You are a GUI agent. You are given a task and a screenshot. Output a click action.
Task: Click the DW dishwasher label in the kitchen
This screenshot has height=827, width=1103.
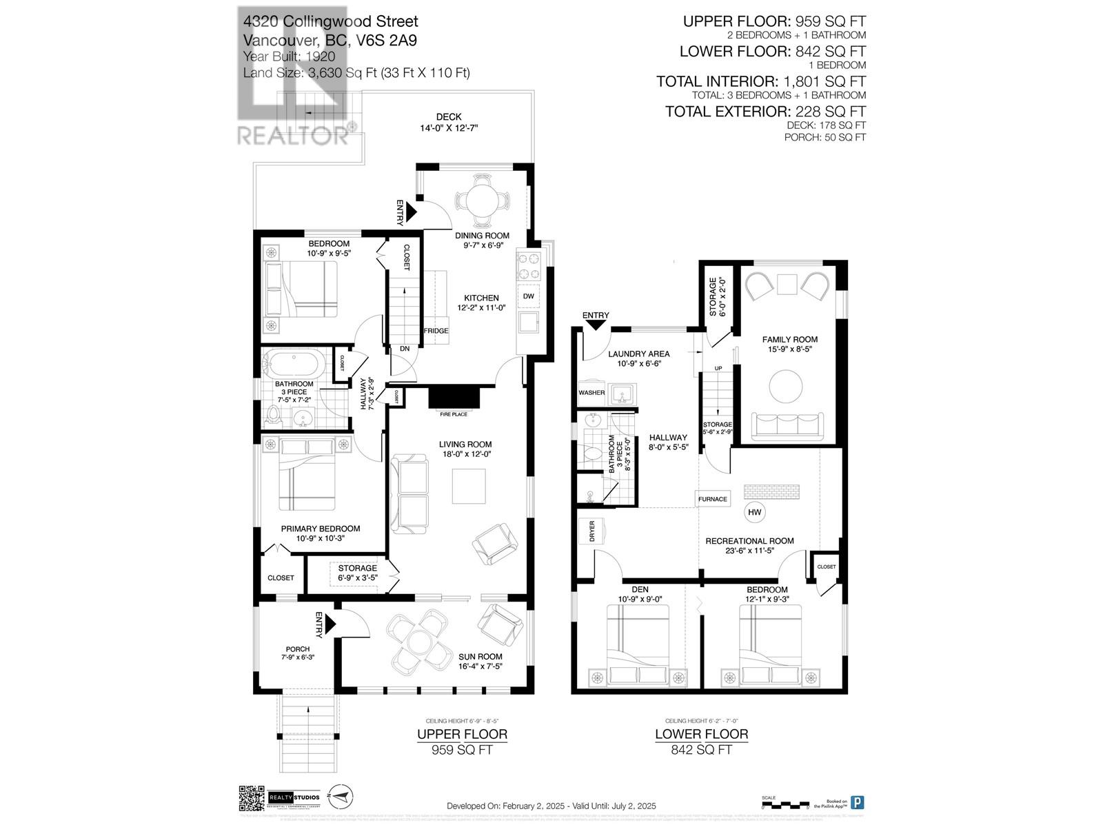pyautogui.click(x=529, y=296)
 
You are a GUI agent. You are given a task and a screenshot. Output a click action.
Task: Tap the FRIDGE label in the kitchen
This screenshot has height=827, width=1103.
pyautogui.click(x=436, y=331)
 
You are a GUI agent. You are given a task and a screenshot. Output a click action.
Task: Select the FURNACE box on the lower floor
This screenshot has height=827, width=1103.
pyautogui.click(x=712, y=499)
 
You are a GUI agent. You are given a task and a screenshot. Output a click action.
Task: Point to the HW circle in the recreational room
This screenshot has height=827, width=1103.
pyautogui.click(x=755, y=512)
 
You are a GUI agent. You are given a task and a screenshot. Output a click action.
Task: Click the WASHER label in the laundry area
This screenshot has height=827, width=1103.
pyautogui.click(x=591, y=393)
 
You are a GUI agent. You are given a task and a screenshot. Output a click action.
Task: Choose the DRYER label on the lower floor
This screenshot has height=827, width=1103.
pyautogui.click(x=592, y=532)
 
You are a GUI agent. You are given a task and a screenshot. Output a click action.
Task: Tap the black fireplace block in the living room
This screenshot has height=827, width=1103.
pyautogui.click(x=454, y=398)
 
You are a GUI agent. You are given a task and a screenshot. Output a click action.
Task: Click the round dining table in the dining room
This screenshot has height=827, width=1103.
pyautogui.click(x=482, y=201)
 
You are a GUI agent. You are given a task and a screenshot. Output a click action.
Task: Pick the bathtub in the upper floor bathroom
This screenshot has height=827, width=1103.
pyautogui.click(x=296, y=364)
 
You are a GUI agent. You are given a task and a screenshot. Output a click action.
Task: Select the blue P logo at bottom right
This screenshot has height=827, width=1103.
pyautogui.click(x=858, y=802)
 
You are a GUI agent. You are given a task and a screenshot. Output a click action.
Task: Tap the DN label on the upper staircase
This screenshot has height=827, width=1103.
pyautogui.click(x=405, y=349)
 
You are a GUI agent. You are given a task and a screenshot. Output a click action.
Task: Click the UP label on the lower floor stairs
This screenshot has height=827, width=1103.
pyautogui.click(x=718, y=369)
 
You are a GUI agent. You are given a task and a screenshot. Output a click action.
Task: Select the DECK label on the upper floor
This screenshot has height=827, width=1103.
pyautogui.click(x=449, y=117)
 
